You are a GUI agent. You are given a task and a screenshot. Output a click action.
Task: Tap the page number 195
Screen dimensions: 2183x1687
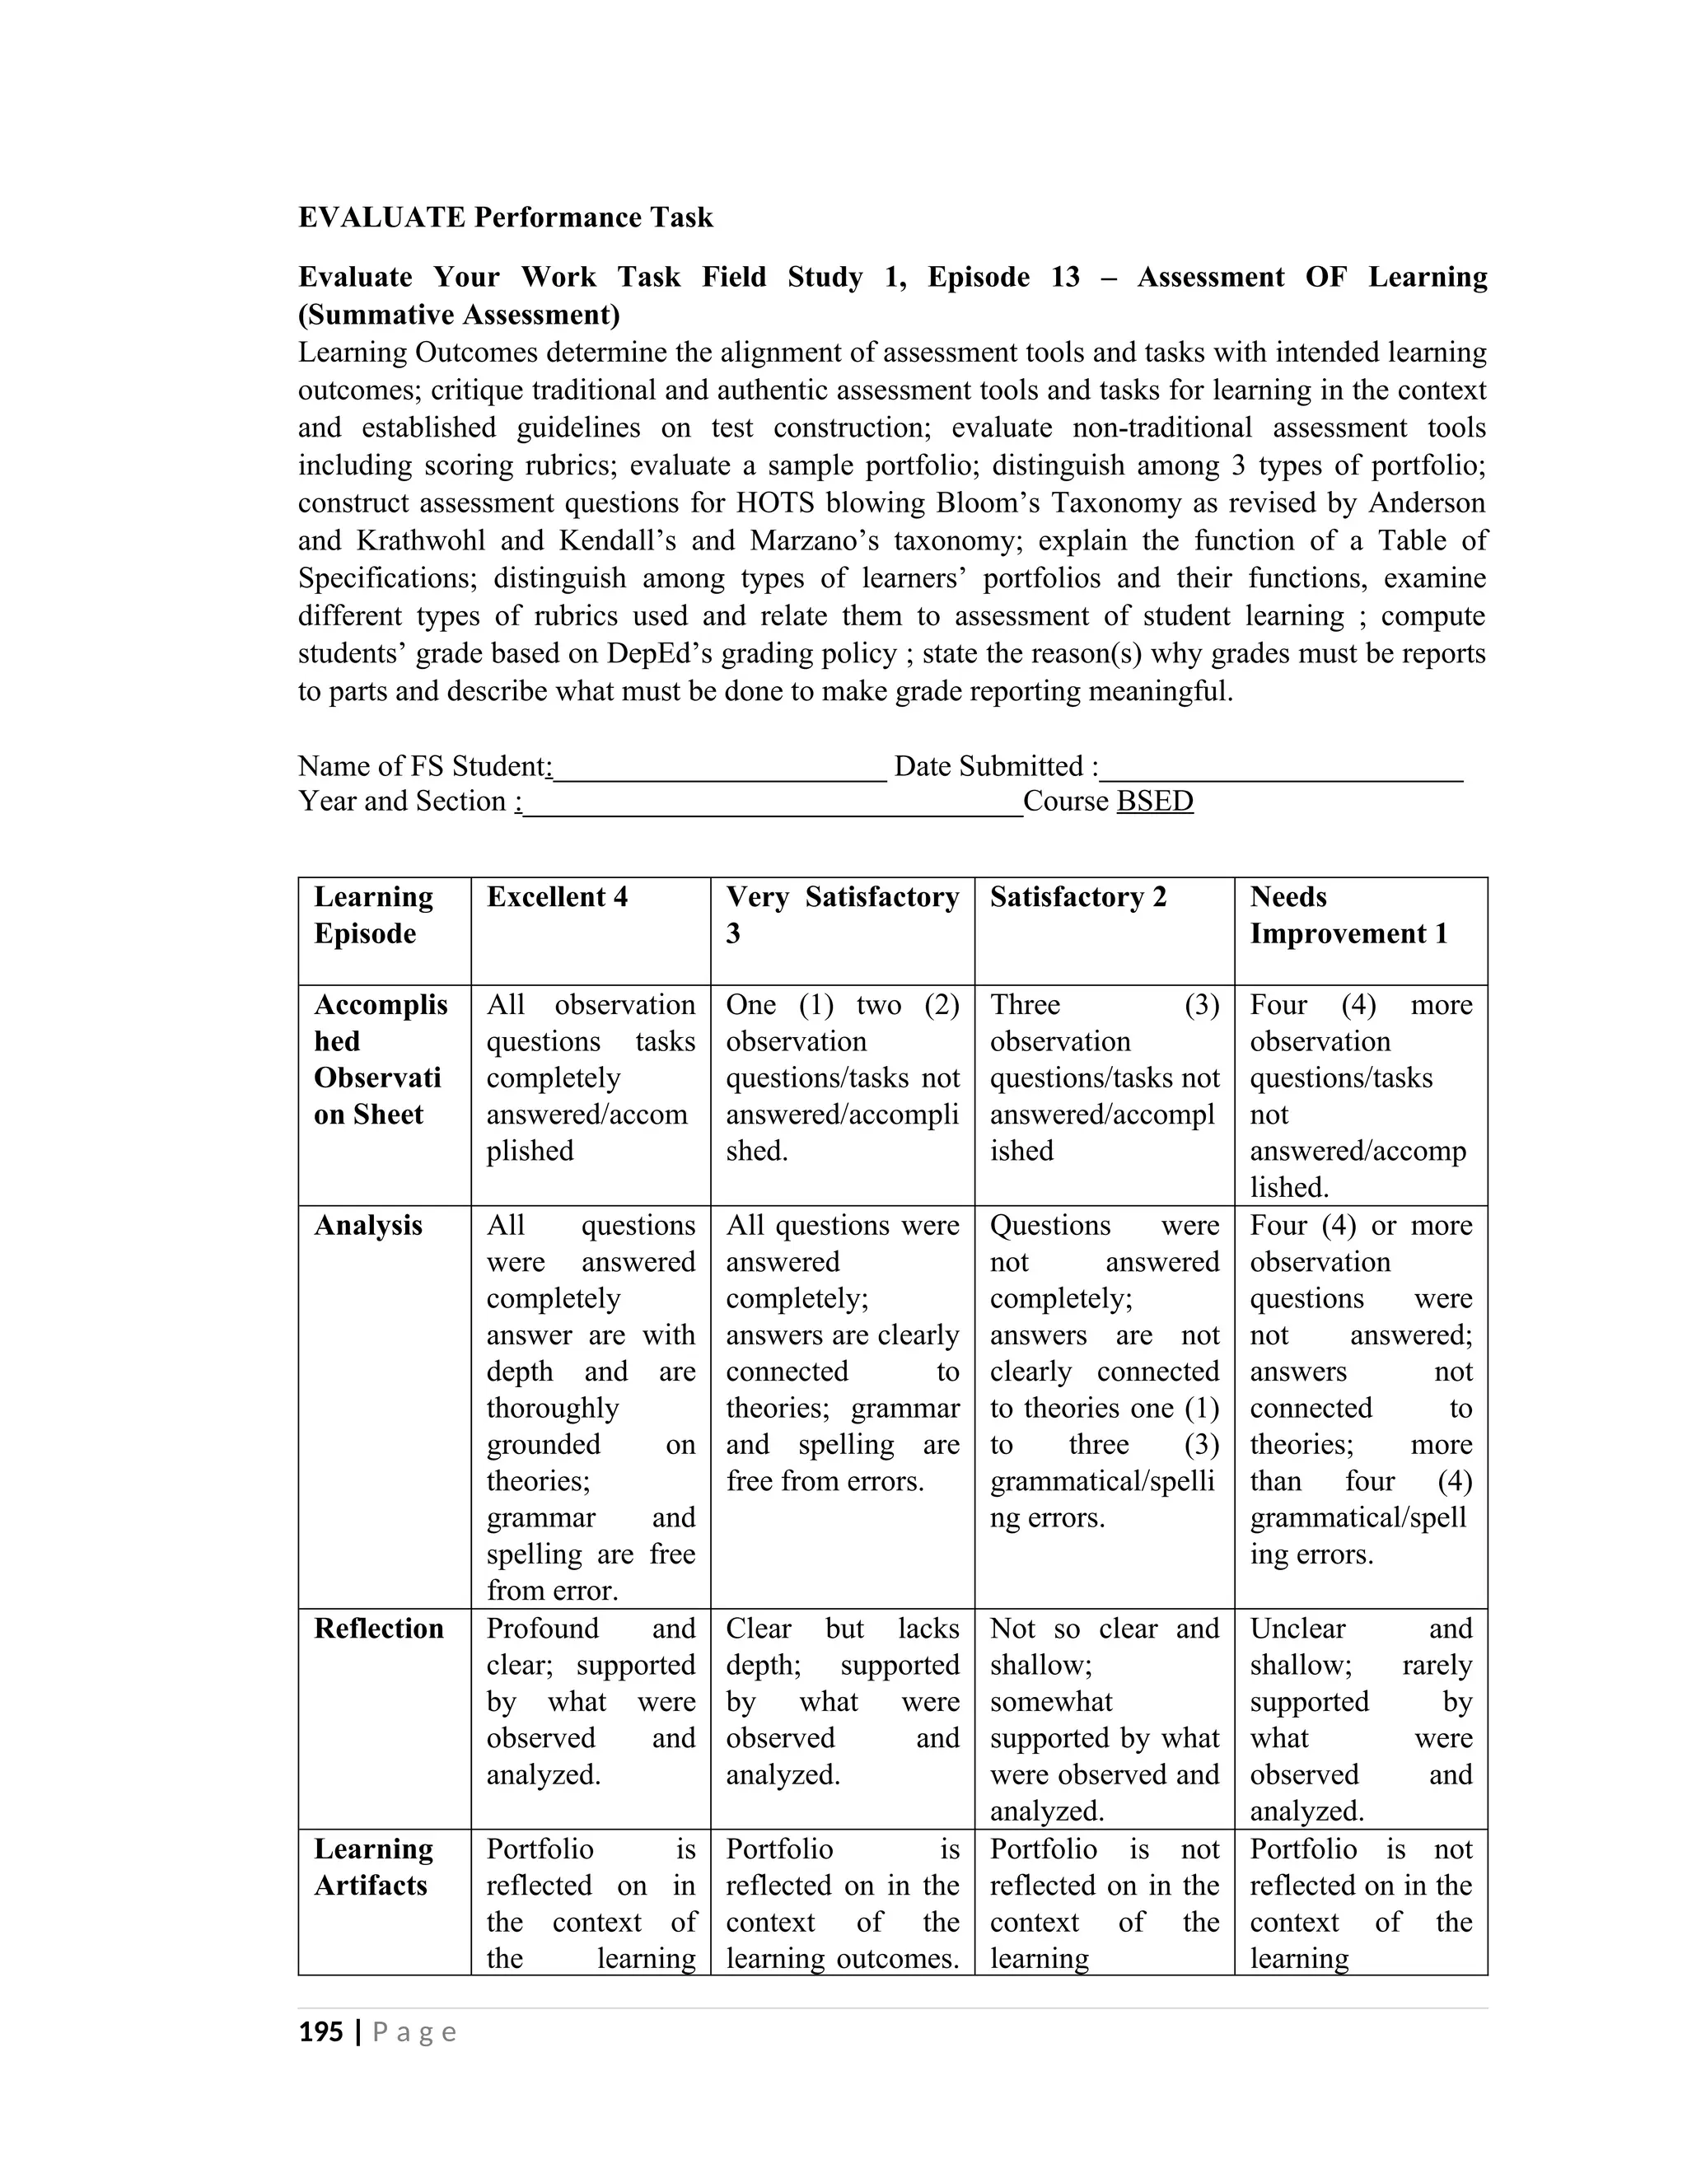click(x=320, y=2031)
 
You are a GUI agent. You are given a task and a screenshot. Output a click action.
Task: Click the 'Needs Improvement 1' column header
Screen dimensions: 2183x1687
click(x=1347, y=914)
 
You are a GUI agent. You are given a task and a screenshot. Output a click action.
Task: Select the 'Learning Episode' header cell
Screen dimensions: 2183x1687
click(x=373, y=914)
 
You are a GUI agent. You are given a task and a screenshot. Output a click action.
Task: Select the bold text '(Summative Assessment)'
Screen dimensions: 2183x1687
click(x=459, y=315)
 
